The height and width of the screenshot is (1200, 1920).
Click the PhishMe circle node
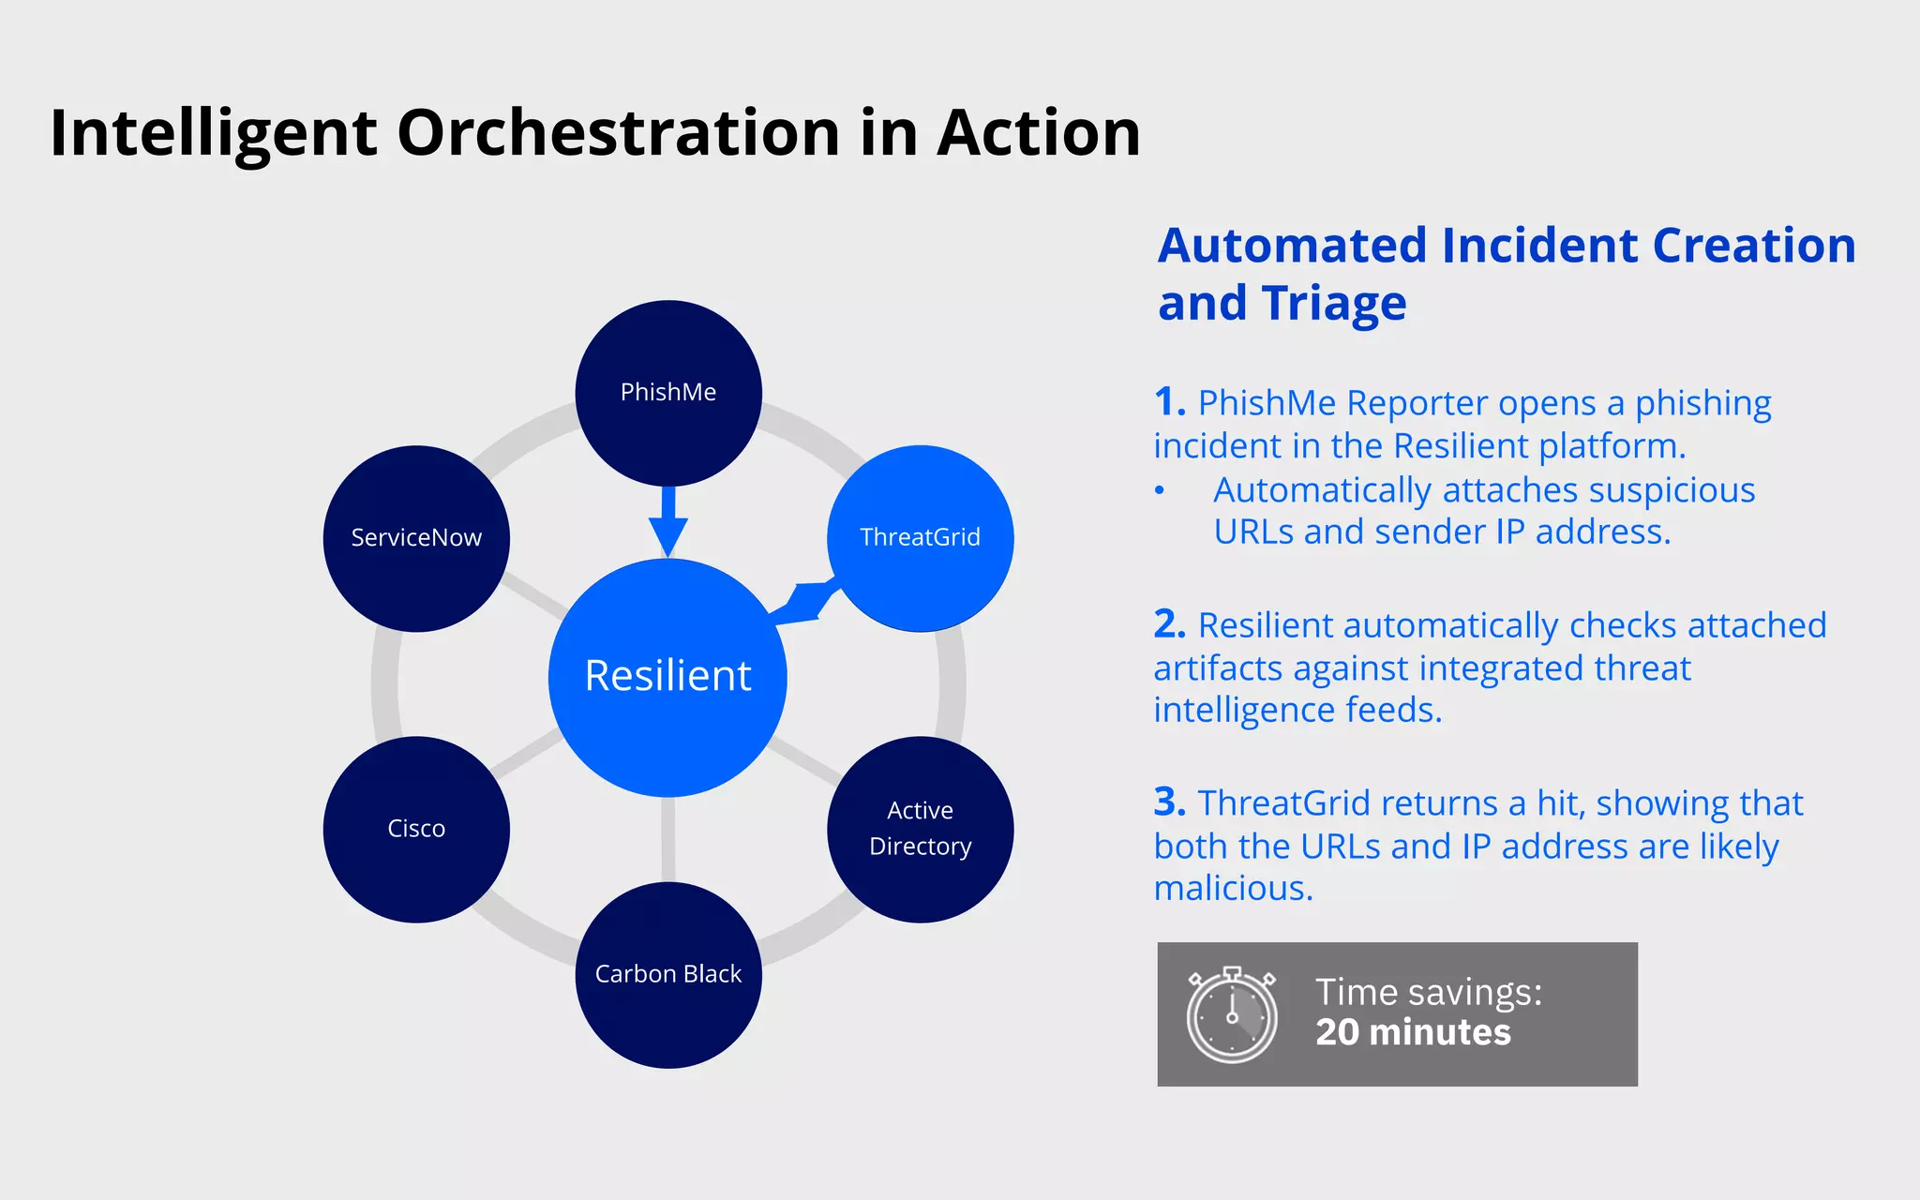[667, 393]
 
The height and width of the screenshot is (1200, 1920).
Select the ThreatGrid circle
[920, 537]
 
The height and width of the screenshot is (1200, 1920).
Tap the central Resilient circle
[667, 677]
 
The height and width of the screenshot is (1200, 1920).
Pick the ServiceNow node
[416, 538]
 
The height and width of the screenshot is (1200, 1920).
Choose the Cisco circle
[416, 829]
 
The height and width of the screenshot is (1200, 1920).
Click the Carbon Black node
[667, 974]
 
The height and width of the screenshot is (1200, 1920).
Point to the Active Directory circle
[920, 829]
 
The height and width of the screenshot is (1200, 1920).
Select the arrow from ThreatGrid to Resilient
[804, 602]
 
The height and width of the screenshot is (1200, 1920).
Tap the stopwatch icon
[1231, 1015]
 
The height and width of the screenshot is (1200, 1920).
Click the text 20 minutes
[1412, 1032]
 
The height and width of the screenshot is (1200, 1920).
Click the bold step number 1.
[1169, 402]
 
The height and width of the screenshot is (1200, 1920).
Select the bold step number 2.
[1169, 624]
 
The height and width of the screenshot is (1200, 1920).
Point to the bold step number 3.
[1169, 802]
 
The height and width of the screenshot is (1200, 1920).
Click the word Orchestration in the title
[618, 132]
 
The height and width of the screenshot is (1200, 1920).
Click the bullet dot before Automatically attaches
[1160, 490]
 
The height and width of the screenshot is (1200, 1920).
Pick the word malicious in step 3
[1232, 888]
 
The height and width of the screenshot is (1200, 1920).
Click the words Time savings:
[1428, 992]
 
